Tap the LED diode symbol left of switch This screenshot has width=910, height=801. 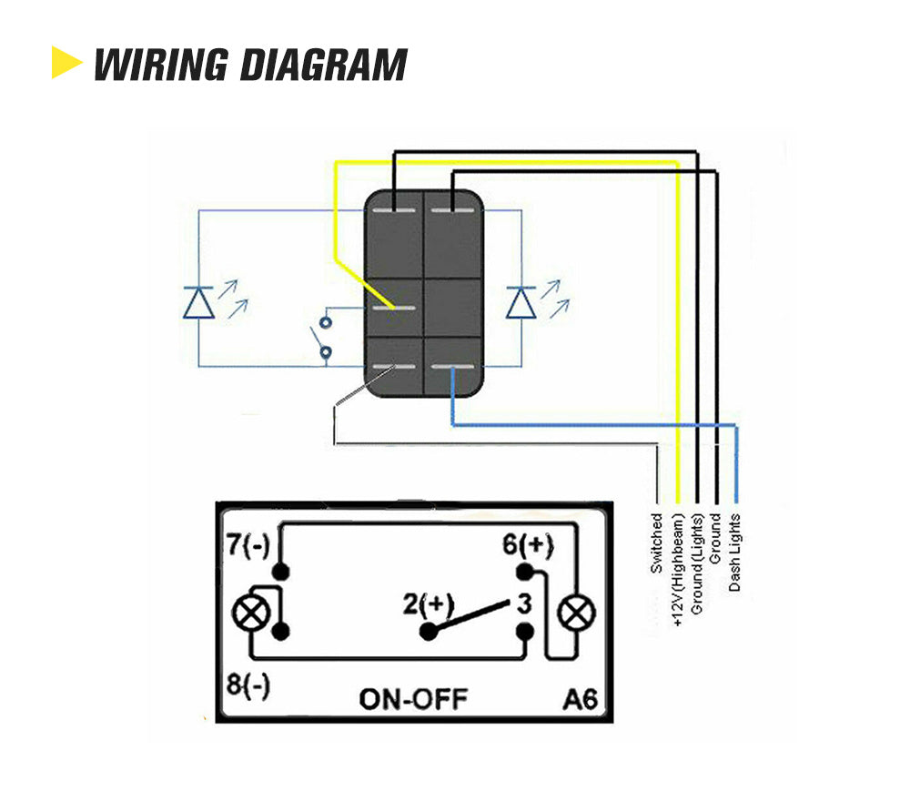(x=199, y=301)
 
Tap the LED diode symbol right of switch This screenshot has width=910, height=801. (x=521, y=301)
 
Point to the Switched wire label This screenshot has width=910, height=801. (x=656, y=543)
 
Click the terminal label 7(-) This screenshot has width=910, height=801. (x=247, y=547)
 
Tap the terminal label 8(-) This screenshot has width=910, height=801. (x=247, y=684)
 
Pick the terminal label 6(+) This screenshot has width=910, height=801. (x=527, y=546)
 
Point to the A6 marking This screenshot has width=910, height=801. (x=580, y=699)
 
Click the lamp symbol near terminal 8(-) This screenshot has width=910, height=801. (x=251, y=613)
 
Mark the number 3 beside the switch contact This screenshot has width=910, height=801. (x=524, y=603)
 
